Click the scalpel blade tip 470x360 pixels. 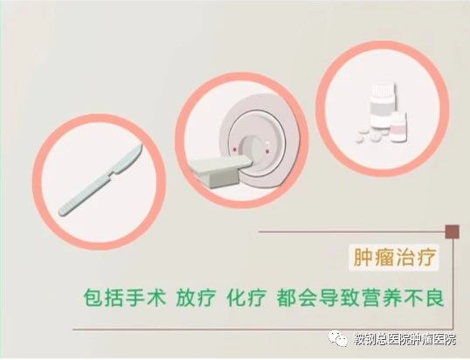pyautogui.click(x=142, y=145)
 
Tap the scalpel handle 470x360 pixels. pyautogui.click(x=85, y=194)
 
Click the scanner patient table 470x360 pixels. pyautogui.click(x=221, y=171)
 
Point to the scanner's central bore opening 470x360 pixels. pyautogui.click(x=253, y=148)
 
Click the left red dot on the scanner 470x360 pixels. pyautogui.click(x=235, y=149)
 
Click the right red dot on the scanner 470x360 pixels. pyautogui.click(x=267, y=152)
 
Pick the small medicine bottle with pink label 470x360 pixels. pyautogui.click(x=398, y=127)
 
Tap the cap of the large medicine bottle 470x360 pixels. pyautogui.click(x=383, y=89)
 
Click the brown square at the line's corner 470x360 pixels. pyautogui.click(x=453, y=232)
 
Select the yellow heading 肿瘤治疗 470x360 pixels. pyautogui.click(x=395, y=257)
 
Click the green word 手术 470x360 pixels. pyautogui.click(x=146, y=297)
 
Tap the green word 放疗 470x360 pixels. pyautogui.click(x=196, y=297)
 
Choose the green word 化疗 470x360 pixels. pyautogui.click(x=246, y=297)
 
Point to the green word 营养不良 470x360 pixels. pyautogui.click(x=403, y=297)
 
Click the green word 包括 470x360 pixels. pyautogui.click(x=103, y=297)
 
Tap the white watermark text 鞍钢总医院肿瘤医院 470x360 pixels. pyautogui.click(x=404, y=339)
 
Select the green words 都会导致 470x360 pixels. pyautogui.click(x=319, y=297)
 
